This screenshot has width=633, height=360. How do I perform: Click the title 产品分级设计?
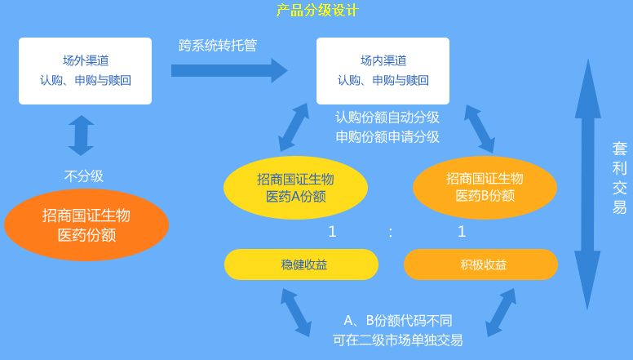pos(317,11)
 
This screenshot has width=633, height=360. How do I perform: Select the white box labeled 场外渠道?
pos(86,71)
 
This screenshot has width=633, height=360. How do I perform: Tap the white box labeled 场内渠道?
pos(383,71)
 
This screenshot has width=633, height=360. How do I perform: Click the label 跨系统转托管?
pos(218,46)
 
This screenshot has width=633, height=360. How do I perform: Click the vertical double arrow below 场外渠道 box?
pos(81,135)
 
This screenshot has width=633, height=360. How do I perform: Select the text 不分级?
pos(84,176)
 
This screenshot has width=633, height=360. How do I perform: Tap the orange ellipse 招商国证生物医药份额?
pos(86,224)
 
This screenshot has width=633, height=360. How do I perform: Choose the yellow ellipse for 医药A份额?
pos(295,188)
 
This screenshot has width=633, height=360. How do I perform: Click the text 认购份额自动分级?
pos(387,117)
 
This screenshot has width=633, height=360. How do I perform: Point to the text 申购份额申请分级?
pos(387,136)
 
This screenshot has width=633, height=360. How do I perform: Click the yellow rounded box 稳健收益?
pos(302,264)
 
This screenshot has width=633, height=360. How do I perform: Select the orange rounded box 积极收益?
pos(481,264)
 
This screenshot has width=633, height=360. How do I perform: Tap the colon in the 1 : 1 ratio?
pos(391,232)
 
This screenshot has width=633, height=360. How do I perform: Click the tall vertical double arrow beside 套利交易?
pos(587,184)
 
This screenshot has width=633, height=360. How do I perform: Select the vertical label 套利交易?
pos(620,178)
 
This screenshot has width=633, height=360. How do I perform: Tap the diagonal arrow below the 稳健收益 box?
pos(295,310)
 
